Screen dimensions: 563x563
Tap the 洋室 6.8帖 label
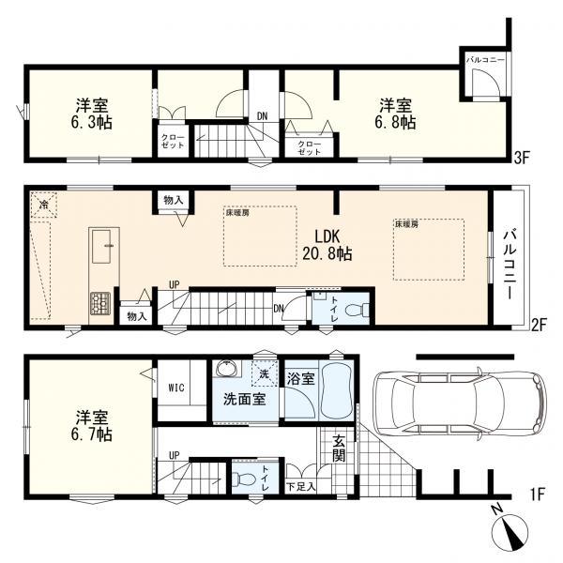click(x=398, y=114)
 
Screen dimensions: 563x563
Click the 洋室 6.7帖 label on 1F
click(x=91, y=426)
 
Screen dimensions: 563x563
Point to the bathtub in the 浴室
click(x=335, y=395)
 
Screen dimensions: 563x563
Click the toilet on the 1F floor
click(x=247, y=479)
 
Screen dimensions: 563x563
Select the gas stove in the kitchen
click(x=99, y=304)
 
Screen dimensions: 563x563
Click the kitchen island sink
click(x=102, y=246)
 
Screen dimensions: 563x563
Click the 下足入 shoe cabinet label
click(x=300, y=487)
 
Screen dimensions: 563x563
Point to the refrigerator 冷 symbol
click(x=42, y=203)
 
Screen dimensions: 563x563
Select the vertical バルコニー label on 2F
click(x=510, y=262)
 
